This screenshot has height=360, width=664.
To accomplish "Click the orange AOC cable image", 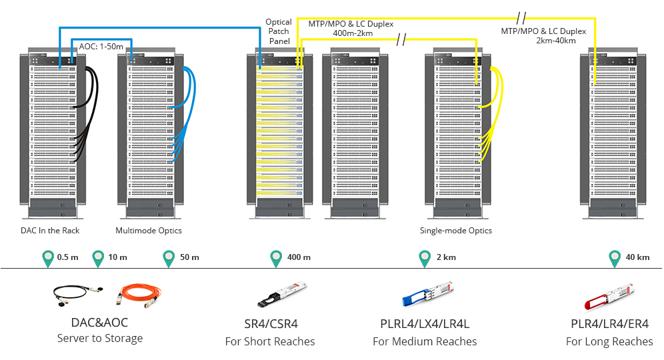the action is [x=139, y=295].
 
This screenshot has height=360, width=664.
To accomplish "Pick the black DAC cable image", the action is [x=78, y=295].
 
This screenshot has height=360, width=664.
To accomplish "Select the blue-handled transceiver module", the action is [x=428, y=293].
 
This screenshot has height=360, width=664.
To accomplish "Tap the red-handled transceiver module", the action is [x=609, y=297].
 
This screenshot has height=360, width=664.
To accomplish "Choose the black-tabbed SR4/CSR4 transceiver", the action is [x=282, y=295].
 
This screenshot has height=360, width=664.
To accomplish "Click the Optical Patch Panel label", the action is [x=279, y=31].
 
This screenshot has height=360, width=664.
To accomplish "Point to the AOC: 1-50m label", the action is [x=101, y=47].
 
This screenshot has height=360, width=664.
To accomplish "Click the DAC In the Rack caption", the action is [x=50, y=231].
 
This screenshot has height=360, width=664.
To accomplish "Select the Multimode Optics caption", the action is [x=149, y=231].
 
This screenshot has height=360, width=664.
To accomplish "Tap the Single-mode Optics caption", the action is [x=455, y=231].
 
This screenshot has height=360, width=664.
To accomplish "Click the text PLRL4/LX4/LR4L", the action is [x=425, y=324].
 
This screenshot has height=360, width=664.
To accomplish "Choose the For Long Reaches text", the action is [x=609, y=341].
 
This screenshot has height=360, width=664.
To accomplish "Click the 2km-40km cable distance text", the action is [x=555, y=41].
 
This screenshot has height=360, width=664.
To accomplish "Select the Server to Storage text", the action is [x=100, y=339].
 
